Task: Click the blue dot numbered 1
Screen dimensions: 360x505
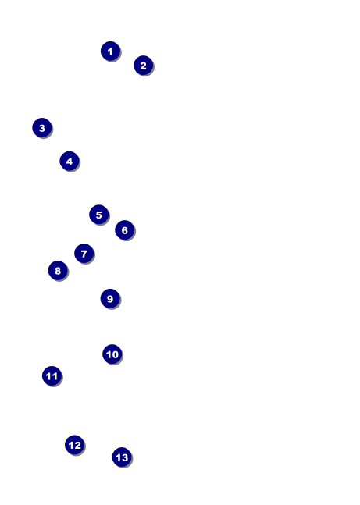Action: coord(111,52)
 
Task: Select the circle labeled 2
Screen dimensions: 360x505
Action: coord(144,66)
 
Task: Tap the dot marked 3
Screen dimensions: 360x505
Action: coord(42,128)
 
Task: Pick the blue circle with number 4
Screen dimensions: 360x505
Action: coord(70,161)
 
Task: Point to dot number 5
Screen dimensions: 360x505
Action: coord(99,215)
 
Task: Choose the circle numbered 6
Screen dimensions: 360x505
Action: coord(125,230)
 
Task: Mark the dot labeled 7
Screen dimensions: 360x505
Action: coord(84,254)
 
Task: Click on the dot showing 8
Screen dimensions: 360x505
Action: coord(58,271)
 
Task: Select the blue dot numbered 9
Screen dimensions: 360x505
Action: coord(110,299)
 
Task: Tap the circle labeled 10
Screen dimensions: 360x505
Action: coord(112,354)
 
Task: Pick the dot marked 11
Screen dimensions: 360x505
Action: coord(52,376)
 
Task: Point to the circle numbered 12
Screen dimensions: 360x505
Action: coord(75,445)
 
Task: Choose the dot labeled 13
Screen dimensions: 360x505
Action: coord(122,457)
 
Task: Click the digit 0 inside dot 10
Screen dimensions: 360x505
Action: coord(115,354)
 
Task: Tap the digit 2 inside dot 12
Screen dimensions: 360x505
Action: coord(77,446)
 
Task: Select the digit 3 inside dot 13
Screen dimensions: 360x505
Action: coord(125,457)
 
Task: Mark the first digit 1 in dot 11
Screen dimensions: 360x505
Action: coord(48,376)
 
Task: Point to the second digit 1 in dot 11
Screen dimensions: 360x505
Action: coord(55,376)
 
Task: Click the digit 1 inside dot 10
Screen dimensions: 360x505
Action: coord(109,354)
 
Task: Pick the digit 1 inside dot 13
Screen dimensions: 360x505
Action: coord(118,457)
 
